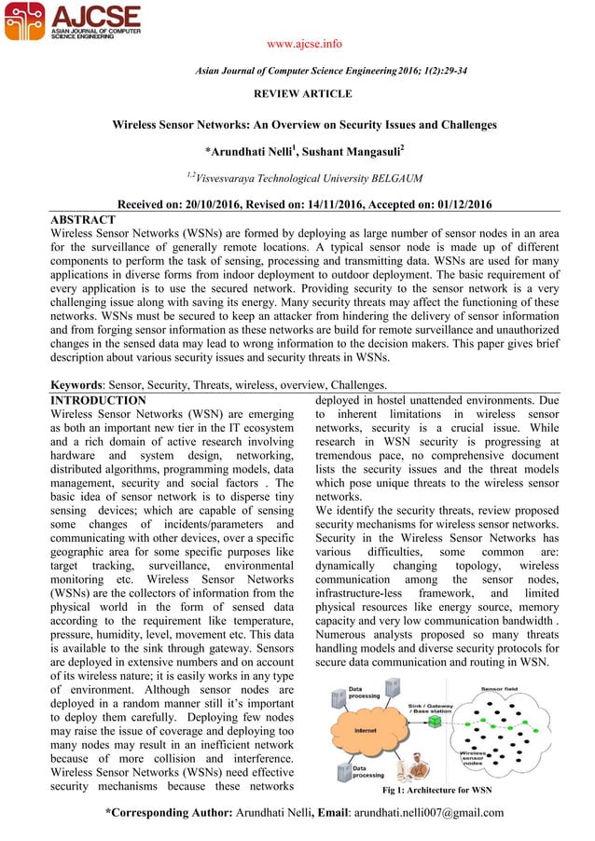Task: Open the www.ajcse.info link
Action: pyautogui.click(x=298, y=43)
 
